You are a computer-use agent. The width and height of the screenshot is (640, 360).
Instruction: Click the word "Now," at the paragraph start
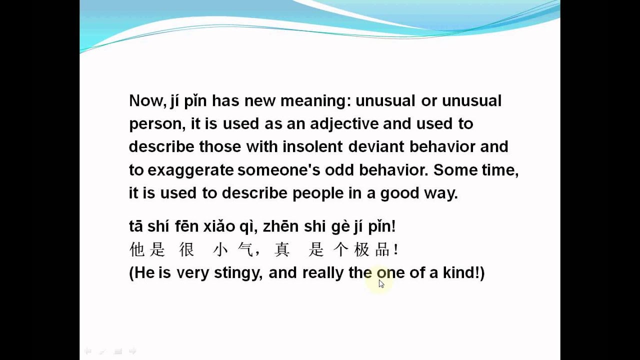pos(146,101)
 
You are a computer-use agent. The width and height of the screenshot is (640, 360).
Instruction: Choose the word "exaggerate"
pos(190,170)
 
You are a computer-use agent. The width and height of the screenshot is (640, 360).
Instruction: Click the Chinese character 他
pos(137,249)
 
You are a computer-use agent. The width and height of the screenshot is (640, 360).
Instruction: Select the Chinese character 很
pos(186,249)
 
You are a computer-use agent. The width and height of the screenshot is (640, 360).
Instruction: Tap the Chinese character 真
pos(282,249)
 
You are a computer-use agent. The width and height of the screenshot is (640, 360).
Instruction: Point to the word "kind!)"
pos(463,272)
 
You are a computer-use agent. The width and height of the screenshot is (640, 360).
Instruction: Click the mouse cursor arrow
pos(381,283)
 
